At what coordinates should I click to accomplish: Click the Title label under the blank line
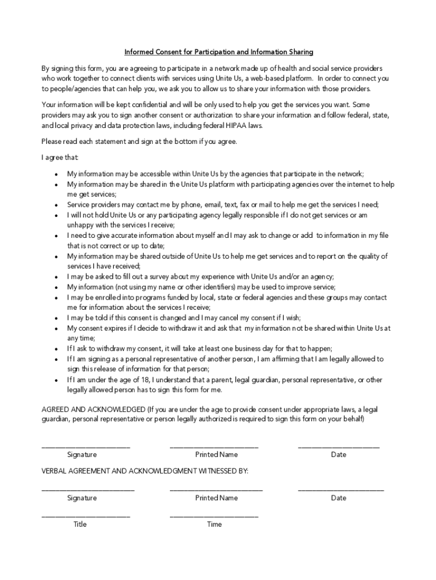coord(80,524)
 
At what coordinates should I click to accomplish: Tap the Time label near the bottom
coord(215,524)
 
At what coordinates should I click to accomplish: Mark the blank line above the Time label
coord(214,516)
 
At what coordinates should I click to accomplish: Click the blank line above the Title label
coord(86,516)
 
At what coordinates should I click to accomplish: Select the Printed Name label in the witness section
coord(216,498)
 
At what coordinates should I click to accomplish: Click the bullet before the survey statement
coord(56,278)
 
